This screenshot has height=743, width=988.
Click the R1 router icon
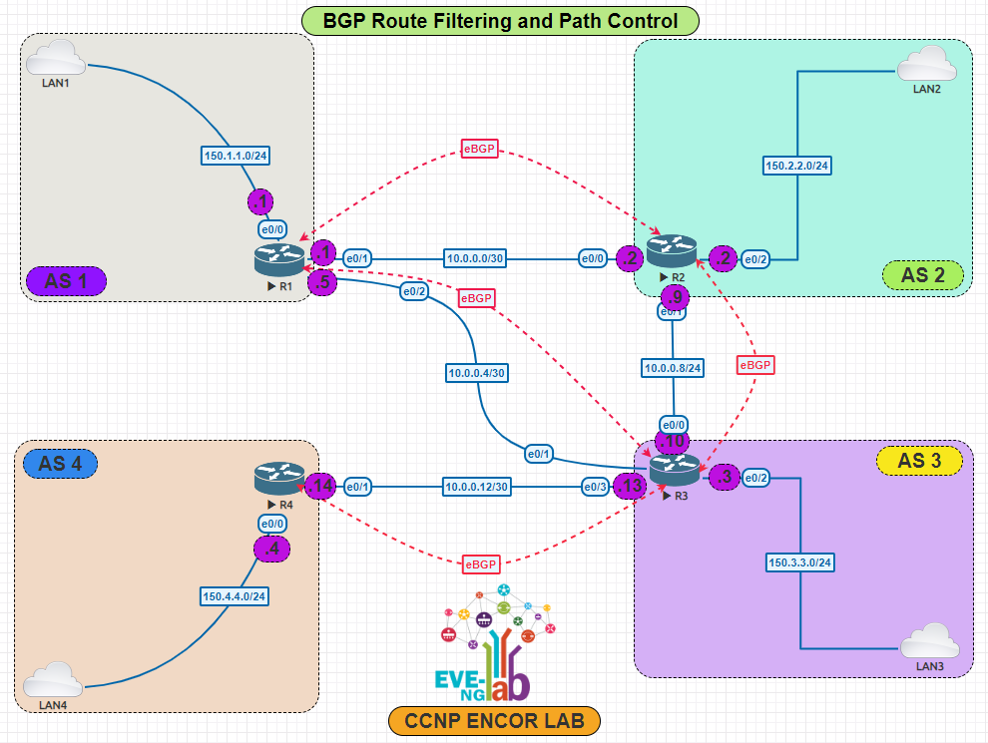pos(278,259)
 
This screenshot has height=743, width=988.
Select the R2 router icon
pos(671,251)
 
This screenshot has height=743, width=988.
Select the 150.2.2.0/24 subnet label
pos(797,165)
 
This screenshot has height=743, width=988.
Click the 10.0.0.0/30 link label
pos(475,258)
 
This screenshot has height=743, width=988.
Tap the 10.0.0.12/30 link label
pos(476,487)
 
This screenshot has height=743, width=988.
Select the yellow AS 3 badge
pos(923,460)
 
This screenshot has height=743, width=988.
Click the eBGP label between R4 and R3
pos(480,564)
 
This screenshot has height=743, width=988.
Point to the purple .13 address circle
pos(630,487)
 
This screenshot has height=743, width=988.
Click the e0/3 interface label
pos(596,487)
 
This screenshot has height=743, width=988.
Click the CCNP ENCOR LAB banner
pos(495,720)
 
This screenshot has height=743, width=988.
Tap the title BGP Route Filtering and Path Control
pos(500,20)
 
